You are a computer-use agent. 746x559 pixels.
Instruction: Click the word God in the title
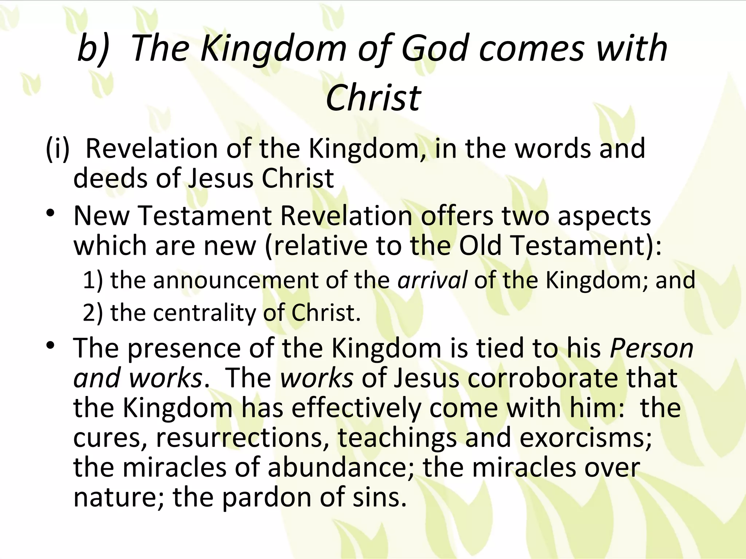coord(434,48)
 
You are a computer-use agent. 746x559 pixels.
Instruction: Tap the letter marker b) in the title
coord(93,48)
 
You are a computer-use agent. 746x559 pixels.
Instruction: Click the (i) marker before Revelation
coord(57,149)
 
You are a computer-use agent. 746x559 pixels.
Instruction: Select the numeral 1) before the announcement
coord(93,280)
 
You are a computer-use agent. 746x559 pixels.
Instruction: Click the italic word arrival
coord(432,280)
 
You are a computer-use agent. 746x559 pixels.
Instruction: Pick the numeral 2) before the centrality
coord(93,313)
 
